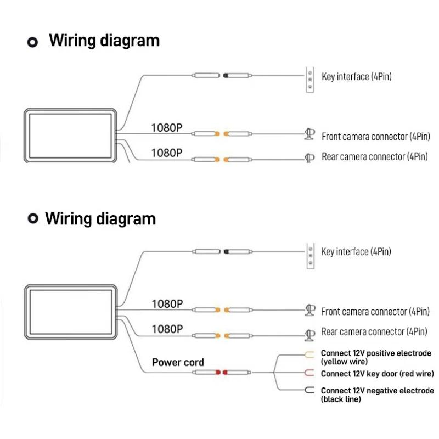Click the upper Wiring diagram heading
(104, 41)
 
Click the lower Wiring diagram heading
(100, 218)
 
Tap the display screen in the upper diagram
(71, 135)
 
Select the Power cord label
(178, 362)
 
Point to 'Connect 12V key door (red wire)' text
(377, 374)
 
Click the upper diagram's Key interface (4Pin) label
(357, 76)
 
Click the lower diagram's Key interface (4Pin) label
(357, 252)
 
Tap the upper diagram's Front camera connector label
(375, 137)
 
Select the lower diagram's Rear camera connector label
(374, 332)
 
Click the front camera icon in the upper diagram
(309, 134)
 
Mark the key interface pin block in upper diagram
(309, 80)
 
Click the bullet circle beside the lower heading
(33, 219)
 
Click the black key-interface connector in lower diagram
(225, 252)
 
